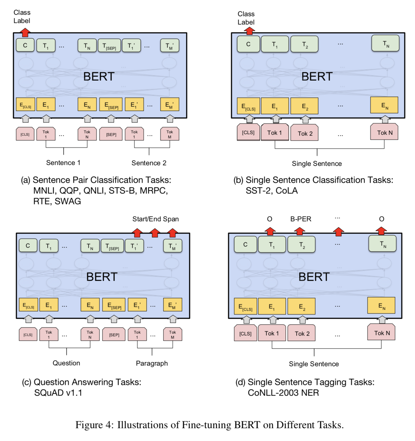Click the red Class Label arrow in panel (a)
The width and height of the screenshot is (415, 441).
tap(25, 32)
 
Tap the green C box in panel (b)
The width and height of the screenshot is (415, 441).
tap(248, 44)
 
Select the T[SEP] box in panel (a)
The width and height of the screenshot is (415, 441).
tap(109, 46)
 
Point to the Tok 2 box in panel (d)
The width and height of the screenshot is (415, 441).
tap(302, 333)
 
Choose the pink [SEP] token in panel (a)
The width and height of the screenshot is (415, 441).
tap(111, 134)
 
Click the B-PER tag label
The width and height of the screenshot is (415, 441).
tap(301, 219)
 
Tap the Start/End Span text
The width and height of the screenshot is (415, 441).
tap(155, 219)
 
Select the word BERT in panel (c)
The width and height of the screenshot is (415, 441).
tap(102, 277)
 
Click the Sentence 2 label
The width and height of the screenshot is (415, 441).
tap(149, 163)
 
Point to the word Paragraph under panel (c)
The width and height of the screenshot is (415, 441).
tap(152, 363)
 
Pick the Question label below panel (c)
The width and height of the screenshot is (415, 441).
tap(66, 363)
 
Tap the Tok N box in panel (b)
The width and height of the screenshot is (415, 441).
tap(384, 132)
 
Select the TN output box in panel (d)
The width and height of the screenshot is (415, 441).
tap(382, 244)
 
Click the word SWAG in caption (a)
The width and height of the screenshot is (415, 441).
tap(68, 201)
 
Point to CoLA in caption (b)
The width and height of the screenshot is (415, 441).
tap(286, 191)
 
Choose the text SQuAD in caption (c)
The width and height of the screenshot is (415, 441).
tap(49, 393)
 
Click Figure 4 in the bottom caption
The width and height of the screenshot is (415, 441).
tap(94, 425)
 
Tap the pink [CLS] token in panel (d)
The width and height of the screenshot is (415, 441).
tap(245, 333)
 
